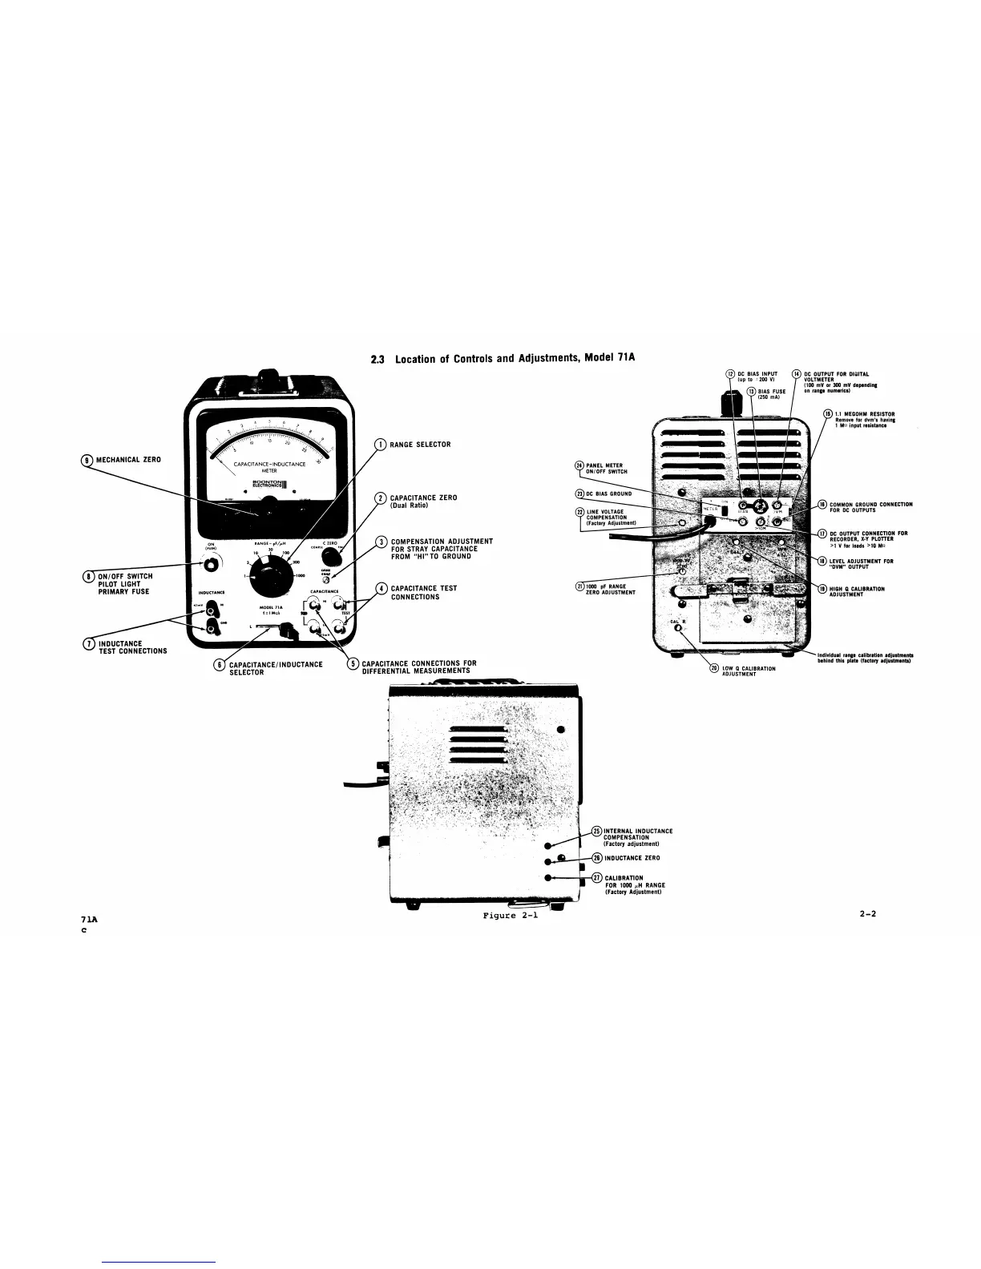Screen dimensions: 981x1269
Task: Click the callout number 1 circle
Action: [382, 445]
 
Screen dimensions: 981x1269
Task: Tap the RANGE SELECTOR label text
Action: [420, 445]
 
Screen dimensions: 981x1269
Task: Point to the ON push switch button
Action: [211, 565]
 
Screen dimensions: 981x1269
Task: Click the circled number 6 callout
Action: [219, 665]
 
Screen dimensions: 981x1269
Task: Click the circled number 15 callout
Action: [829, 413]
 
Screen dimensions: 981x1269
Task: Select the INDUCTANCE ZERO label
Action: [632, 858]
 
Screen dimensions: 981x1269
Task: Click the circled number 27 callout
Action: [596, 877]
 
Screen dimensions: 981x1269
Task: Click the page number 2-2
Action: [866, 912]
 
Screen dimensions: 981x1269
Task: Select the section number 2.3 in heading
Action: [377, 358]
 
